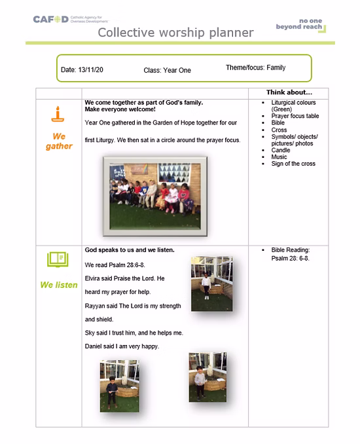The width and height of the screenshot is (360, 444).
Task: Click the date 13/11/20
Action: [90, 69]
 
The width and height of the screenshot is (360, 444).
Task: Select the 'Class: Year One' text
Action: [167, 70]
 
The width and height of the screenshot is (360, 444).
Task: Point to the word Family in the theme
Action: [276, 67]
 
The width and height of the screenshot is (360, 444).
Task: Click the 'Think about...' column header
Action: [289, 92]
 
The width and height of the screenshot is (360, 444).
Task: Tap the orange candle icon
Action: [58, 114]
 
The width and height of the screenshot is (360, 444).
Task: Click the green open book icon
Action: [58, 259]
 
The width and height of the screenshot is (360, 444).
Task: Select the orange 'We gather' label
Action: [59, 141]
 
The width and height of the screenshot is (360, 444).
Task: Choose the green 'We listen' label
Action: [59, 285]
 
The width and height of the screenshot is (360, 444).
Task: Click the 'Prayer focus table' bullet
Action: [295, 116]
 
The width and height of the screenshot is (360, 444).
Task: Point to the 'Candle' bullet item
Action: [281, 150]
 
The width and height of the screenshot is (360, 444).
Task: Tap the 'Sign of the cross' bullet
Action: [293, 164]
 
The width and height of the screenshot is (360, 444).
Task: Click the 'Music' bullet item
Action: [279, 157]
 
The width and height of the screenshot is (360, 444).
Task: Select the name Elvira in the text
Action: [92, 278]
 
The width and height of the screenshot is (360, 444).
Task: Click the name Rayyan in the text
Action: [94, 306]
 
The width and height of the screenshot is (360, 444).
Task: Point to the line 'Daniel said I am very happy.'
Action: [122, 346]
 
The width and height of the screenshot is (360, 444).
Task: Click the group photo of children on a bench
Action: [155, 196]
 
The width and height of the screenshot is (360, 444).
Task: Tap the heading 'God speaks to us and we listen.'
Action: [130, 250]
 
